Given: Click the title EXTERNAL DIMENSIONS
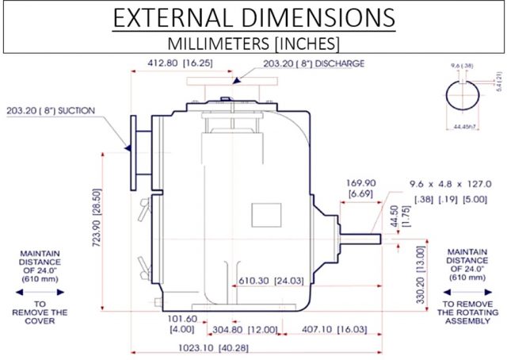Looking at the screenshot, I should [253, 17].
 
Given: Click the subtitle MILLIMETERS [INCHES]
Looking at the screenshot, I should [253, 41].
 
